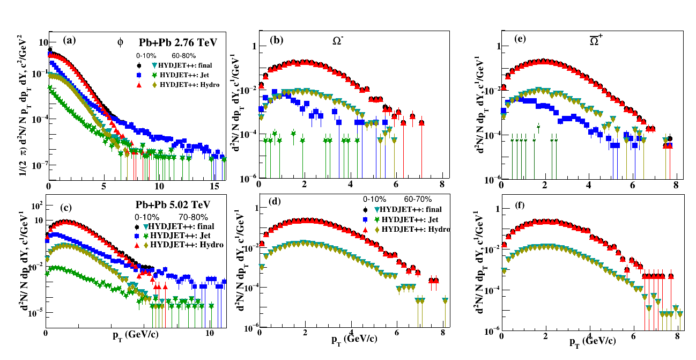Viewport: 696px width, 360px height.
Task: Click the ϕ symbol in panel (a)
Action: coord(120,42)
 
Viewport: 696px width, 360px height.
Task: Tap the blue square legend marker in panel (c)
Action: coord(137,235)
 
